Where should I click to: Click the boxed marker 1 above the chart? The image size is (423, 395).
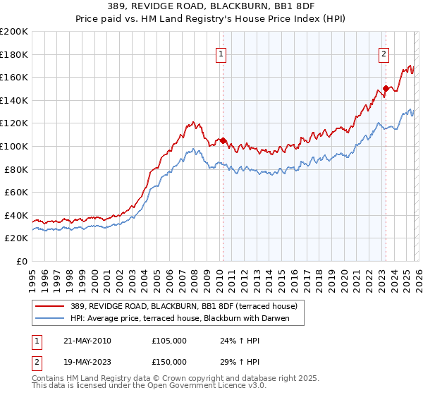pyautogui.click(x=221, y=54)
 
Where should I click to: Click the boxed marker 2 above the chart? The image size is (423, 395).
pyautogui.click(x=384, y=54)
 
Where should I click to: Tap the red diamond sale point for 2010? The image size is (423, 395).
pyautogui.click(x=223, y=140)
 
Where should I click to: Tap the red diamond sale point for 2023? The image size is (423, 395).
pyautogui.click(x=386, y=89)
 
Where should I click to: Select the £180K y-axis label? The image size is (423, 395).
pyautogui.click(x=14, y=54)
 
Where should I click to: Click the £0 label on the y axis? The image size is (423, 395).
pyautogui.click(x=21, y=261)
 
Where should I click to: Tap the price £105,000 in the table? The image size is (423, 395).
pyautogui.click(x=169, y=341)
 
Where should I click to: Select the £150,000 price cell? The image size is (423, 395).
pyautogui.click(x=169, y=361)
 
